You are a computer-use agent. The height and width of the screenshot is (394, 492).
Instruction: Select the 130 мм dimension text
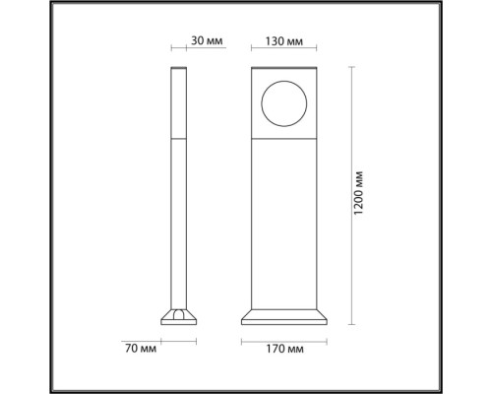pos(282,42)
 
